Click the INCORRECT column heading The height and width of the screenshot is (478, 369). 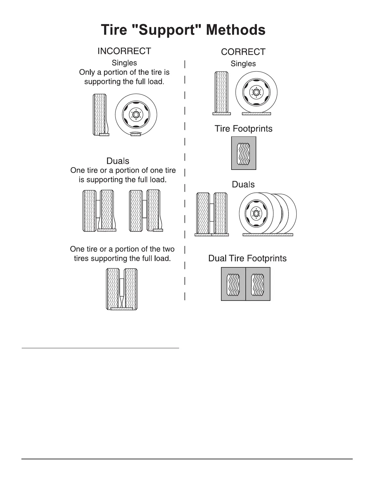click(124, 51)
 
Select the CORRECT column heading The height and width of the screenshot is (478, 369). click(243, 52)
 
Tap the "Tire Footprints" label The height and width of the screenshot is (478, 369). click(243, 129)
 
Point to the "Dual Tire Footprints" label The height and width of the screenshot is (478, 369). click(247, 258)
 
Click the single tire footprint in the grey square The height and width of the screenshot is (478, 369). click(244, 153)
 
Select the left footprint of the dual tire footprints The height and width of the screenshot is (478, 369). click(233, 284)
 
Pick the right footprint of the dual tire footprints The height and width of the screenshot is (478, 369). click(258, 284)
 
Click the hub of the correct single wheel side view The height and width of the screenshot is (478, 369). click(256, 92)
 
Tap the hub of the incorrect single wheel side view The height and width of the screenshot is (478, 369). click(136, 115)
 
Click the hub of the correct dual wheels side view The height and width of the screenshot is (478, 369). click(256, 213)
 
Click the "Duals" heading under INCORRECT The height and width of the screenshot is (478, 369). click(118, 161)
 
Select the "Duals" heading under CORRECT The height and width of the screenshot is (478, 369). click(243, 184)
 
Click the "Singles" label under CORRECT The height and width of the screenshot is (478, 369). click(243, 64)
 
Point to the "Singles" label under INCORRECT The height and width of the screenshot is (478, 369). click(124, 63)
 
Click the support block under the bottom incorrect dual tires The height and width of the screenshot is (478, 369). click(122, 309)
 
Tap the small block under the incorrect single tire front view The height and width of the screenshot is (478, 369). click(104, 135)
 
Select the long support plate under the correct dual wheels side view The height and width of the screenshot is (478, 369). click(268, 234)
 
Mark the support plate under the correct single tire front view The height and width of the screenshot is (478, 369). click(222, 114)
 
